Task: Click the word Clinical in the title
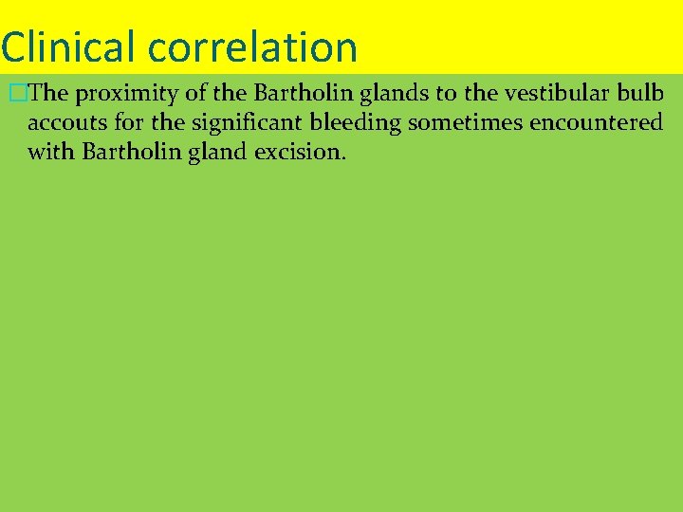coord(67,46)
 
